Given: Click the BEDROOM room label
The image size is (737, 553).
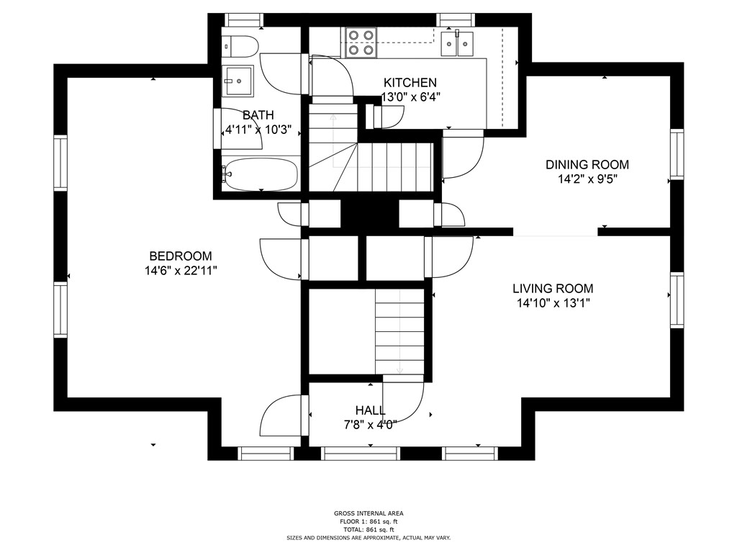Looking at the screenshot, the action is (181, 256).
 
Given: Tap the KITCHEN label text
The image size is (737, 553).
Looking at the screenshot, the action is (410, 83).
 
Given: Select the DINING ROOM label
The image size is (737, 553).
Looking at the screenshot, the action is (587, 165).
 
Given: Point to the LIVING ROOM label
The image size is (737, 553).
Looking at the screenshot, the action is (553, 288).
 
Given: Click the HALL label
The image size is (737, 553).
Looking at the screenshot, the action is (371, 410).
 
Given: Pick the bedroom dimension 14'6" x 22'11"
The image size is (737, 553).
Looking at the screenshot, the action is (181, 271).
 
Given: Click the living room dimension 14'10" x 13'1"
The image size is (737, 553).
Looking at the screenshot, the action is (553, 303).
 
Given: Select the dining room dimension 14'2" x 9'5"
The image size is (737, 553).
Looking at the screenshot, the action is (587, 179).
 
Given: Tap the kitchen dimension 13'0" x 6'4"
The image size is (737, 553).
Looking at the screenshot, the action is (410, 97).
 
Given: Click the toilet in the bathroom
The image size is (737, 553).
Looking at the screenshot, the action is (240, 46).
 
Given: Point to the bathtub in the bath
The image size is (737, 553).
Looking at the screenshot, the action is (259, 174).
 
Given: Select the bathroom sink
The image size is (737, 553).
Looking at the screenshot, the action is (238, 81).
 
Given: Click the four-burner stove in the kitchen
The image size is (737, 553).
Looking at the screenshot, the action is (361, 42).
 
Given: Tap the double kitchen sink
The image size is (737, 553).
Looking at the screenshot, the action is (457, 43).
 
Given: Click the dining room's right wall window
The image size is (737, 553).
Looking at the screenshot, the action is (677, 154).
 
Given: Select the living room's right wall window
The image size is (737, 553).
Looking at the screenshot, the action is (677, 300).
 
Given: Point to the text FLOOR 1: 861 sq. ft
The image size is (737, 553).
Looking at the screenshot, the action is (368, 521).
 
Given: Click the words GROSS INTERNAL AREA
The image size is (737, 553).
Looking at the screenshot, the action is (368, 513).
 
